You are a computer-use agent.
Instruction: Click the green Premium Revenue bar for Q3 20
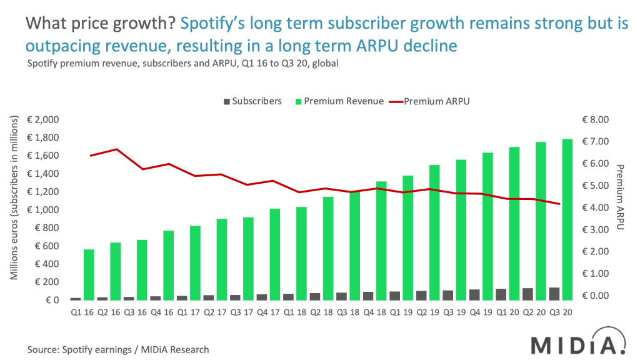point(568,219)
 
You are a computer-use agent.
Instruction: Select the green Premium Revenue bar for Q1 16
point(89,274)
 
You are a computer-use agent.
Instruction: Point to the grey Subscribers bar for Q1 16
point(76,298)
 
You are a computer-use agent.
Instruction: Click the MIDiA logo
point(577,344)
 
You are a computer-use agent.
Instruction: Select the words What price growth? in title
point(101,24)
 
